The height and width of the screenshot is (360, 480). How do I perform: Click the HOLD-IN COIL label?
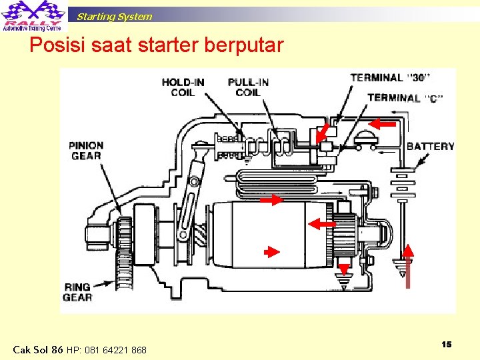pos(183,87)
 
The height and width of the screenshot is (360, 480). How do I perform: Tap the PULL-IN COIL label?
pos(248,87)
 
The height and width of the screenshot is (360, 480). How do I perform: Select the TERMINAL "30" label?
pos(390,77)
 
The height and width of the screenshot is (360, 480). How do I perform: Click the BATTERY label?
pos(430,147)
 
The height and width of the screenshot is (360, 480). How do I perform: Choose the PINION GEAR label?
pos(86,150)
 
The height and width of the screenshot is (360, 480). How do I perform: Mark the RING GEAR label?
pos(77,292)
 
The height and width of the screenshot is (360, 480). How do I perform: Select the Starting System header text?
pos(114,16)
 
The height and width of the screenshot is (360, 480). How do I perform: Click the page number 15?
pos(446,344)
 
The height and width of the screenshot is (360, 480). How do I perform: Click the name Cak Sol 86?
pos(38,349)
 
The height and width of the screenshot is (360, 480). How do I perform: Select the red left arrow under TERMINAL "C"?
pos(383,123)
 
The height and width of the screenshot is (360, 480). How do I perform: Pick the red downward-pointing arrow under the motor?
pos(343,269)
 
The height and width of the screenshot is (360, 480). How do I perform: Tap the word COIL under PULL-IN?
pos(247,93)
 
